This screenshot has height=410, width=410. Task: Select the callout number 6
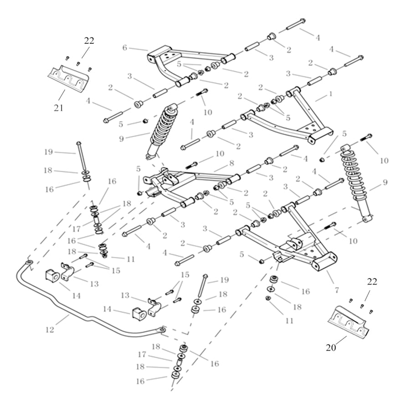[x=125, y=47]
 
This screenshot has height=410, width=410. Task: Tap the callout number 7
[x=337, y=290]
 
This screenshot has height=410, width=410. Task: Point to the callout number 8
[x=231, y=163]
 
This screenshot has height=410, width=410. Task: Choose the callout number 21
[x=58, y=108]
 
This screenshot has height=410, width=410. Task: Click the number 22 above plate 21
[x=89, y=41]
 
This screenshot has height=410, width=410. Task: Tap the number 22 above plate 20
[x=372, y=282]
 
